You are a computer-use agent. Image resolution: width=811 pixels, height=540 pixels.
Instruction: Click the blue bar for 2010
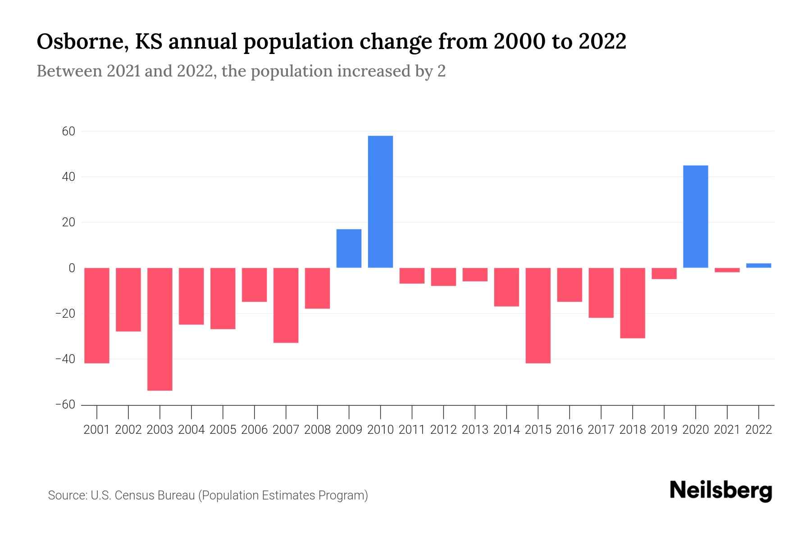click(x=380, y=202)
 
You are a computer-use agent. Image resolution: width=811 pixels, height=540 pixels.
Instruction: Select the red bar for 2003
click(x=160, y=329)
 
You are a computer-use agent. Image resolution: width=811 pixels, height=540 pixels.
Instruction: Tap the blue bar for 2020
click(x=696, y=216)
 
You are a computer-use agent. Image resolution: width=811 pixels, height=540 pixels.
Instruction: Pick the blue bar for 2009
click(x=349, y=248)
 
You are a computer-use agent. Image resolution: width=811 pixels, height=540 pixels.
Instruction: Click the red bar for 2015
click(x=538, y=315)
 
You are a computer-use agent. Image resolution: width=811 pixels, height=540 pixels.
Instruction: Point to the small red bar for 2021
click(x=727, y=270)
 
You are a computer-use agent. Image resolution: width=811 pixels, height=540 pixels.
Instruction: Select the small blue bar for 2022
click(x=759, y=265)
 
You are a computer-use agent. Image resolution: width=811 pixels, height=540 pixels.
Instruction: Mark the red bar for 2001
click(x=97, y=315)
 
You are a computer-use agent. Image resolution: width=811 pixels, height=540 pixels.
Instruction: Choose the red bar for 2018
click(x=633, y=303)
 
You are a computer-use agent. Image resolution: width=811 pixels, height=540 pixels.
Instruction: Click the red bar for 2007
click(x=286, y=305)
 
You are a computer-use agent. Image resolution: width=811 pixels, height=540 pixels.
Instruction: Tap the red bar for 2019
click(x=664, y=273)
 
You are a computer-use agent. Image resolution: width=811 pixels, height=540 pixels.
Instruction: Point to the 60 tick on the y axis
click(x=69, y=131)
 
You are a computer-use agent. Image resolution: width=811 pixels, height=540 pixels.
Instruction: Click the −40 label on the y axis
click(x=65, y=359)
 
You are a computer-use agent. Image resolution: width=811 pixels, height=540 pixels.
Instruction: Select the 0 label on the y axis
click(x=72, y=268)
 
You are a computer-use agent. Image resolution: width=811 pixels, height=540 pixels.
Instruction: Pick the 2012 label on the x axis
click(x=443, y=430)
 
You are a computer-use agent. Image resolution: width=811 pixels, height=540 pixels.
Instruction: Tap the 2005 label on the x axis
click(x=223, y=430)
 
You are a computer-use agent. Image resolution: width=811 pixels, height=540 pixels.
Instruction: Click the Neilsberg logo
click(x=721, y=490)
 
